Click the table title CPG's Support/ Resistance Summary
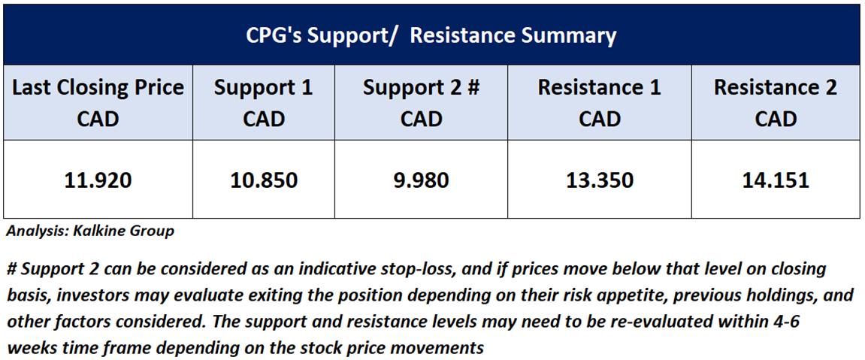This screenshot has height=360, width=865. tap(431, 36)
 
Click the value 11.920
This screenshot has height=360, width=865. tap(98, 180)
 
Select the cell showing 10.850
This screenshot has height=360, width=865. tap(263, 180)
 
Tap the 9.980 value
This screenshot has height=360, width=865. tap(421, 180)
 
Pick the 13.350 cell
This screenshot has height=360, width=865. tap(600, 180)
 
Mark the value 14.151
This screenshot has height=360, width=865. tap(776, 180)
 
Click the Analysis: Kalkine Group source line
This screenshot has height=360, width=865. tap(90, 231)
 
